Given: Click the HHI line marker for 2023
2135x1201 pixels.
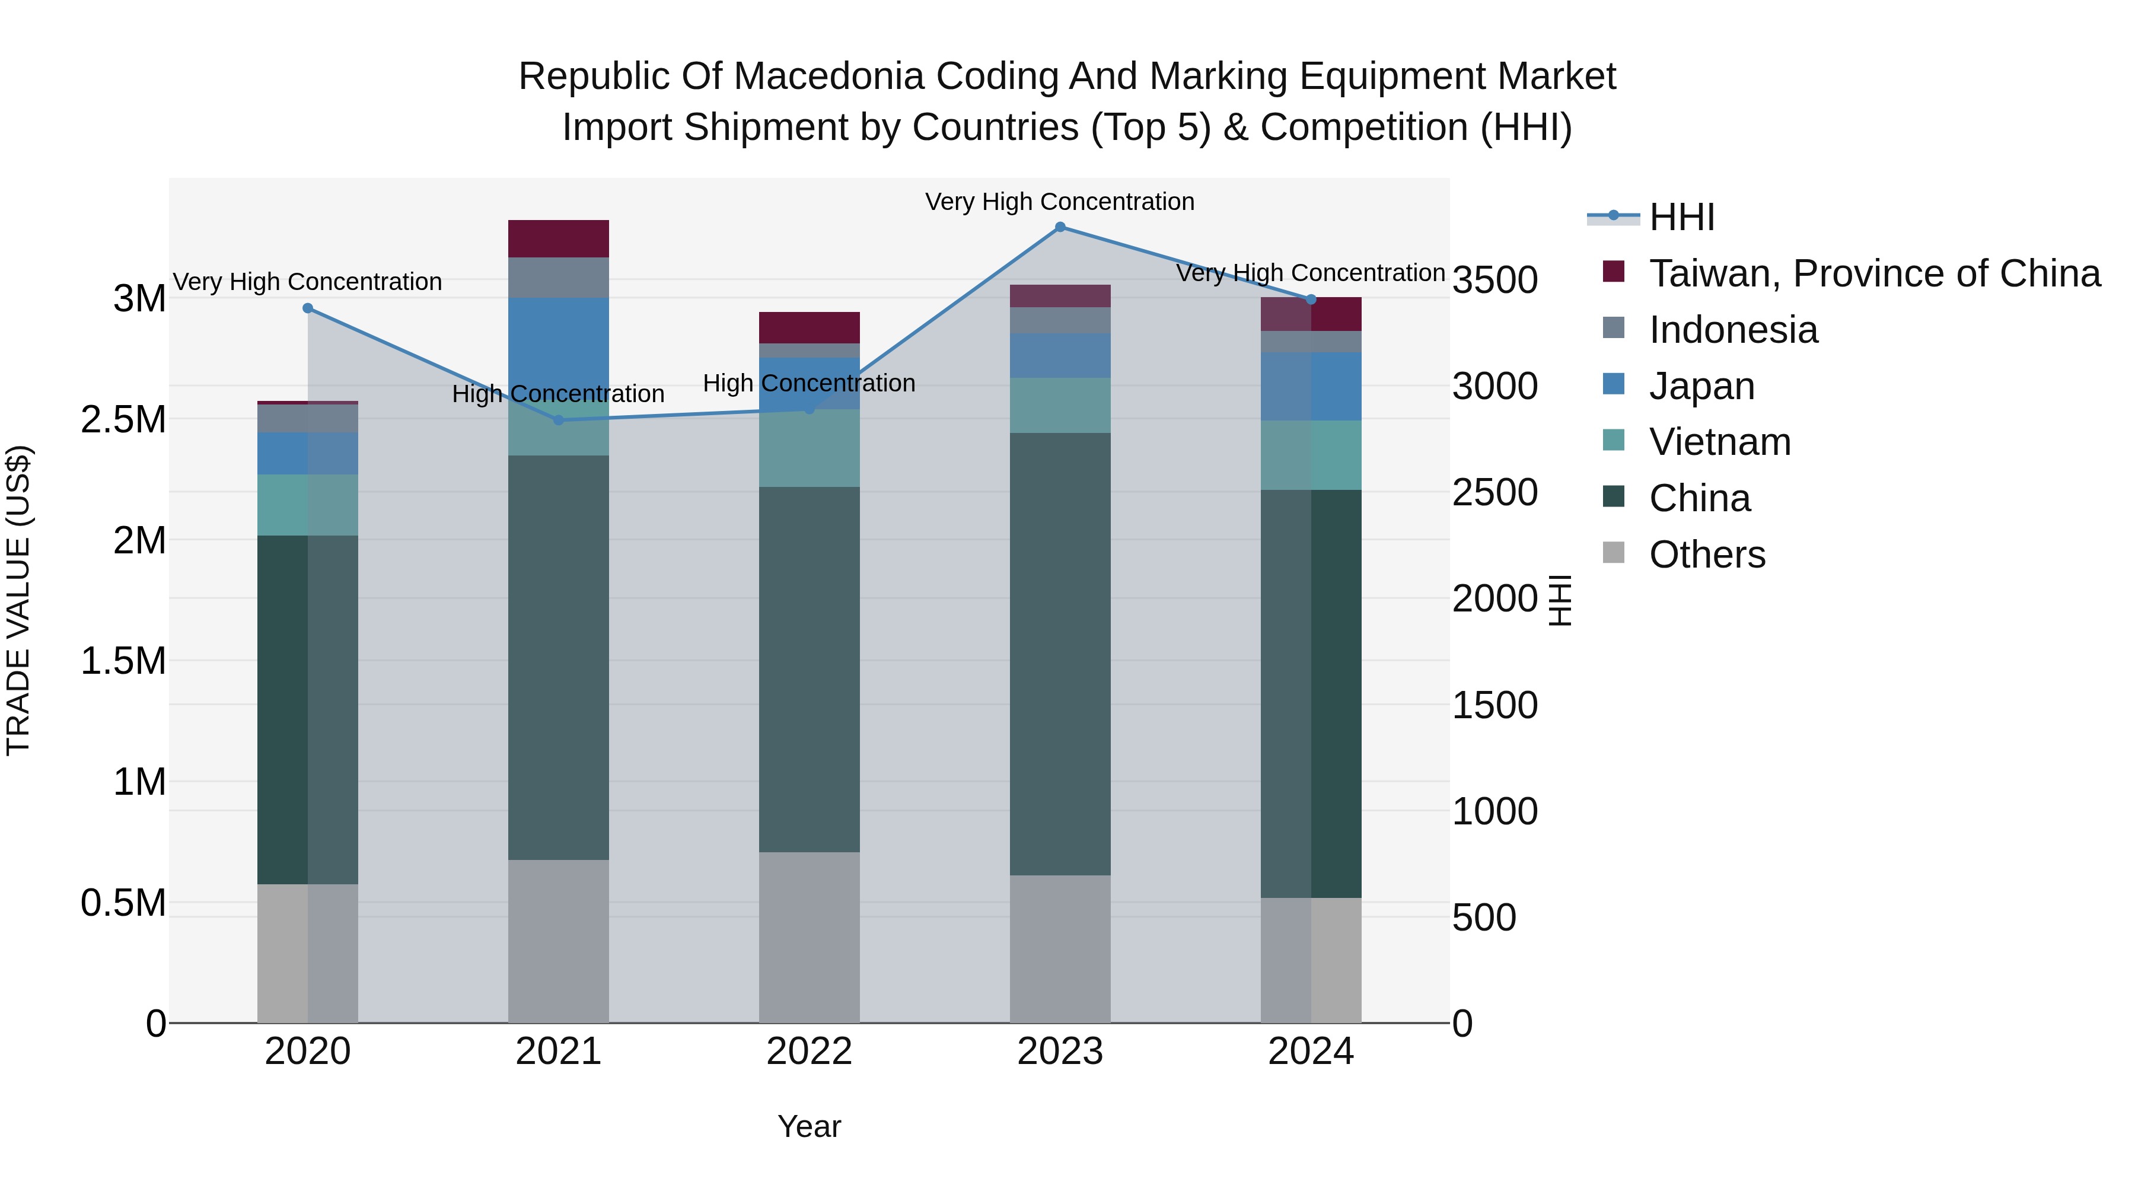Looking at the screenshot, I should pos(1060,227).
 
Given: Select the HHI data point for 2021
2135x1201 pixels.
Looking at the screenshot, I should pos(559,420).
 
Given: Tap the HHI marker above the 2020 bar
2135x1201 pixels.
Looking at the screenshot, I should pos(307,308).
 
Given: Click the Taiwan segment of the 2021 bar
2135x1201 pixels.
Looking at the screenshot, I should pos(559,238).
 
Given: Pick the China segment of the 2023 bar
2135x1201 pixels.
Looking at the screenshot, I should pos(1060,655).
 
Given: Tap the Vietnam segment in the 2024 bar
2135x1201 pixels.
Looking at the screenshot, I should pos(1311,455).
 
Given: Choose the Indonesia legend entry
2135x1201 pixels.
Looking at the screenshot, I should pos(1732,330).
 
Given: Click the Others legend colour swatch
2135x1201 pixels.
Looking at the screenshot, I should pos(1614,553).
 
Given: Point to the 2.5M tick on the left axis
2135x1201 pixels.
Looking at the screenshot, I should pos(123,419).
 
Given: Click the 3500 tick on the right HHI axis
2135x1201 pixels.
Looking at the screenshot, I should pos(1495,279).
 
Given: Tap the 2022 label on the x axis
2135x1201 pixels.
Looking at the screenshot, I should pos(809,1052).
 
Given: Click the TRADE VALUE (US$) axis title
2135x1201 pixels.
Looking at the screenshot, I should pos(18,600).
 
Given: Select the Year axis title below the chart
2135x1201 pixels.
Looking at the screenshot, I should pos(809,1126).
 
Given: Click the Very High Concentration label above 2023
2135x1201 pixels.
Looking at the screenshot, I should pos(1059,202).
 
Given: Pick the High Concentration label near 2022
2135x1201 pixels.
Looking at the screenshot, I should pos(809,383).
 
